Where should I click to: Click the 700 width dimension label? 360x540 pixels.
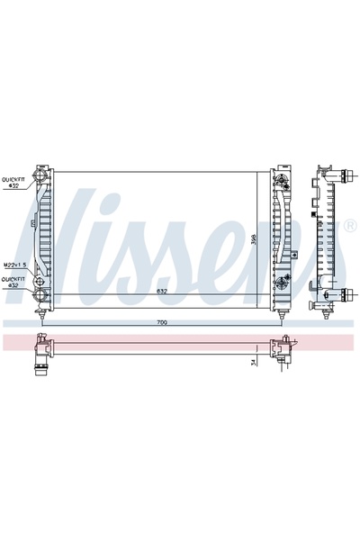tap(162, 322)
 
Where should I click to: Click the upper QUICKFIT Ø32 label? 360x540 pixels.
tap(13, 182)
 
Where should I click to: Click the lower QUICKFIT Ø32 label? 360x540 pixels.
tap(13, 282)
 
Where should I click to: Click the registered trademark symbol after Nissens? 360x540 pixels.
tap(349, 226)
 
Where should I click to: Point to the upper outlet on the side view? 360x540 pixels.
tap(344, 169)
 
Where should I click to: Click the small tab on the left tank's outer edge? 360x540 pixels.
tap(31, 222)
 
